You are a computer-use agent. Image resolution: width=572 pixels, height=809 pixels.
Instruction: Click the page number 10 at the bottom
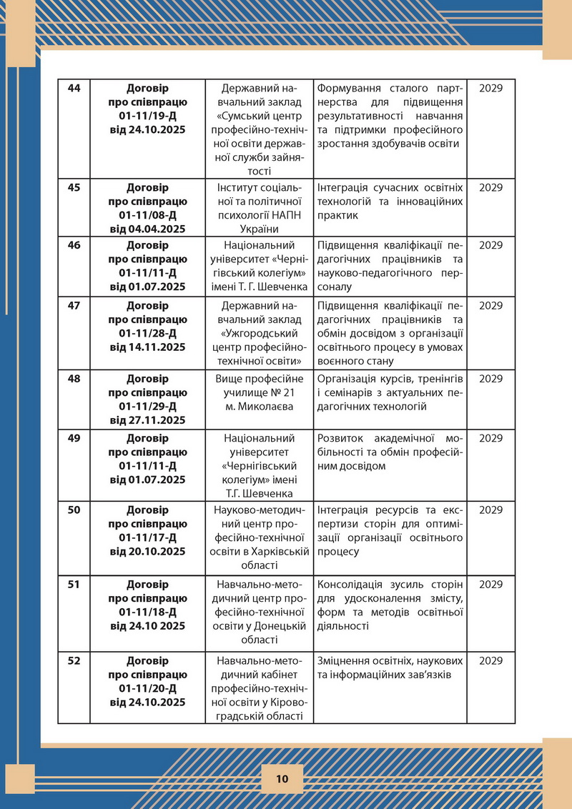click(x=282, y=778)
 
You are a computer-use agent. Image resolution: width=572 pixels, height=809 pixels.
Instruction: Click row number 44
click(x=74, y=89)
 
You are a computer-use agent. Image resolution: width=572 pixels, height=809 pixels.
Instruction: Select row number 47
click(x=74, y=305)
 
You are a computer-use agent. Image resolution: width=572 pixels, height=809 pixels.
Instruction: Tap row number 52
click(x=74, y=660)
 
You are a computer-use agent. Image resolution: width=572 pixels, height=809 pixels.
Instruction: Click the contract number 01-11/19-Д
click(x=148, y=116)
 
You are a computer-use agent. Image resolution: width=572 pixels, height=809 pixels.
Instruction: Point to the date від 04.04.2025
click(x=148, y=229)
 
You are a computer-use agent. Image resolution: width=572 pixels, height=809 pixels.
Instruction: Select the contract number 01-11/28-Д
click(x=148, y=332)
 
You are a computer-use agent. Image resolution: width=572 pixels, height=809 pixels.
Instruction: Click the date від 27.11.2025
click(x=148, y=420)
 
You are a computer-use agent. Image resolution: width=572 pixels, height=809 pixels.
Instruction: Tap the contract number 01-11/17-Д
click(x=148, y=537)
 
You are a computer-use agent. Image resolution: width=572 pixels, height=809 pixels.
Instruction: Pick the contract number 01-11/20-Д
click(x=148, y=688)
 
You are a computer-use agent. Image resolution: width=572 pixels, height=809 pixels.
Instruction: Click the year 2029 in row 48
click(x=491, y=378)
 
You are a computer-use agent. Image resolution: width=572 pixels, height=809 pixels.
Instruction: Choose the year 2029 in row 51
click(x=491, y=584)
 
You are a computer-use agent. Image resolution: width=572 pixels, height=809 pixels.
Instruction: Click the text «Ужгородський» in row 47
click(x=260, y=332)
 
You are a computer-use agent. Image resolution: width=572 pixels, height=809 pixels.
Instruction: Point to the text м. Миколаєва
click(x=260, y=406)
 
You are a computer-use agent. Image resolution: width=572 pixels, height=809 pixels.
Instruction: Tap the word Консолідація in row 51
click(x=352, y=584)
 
